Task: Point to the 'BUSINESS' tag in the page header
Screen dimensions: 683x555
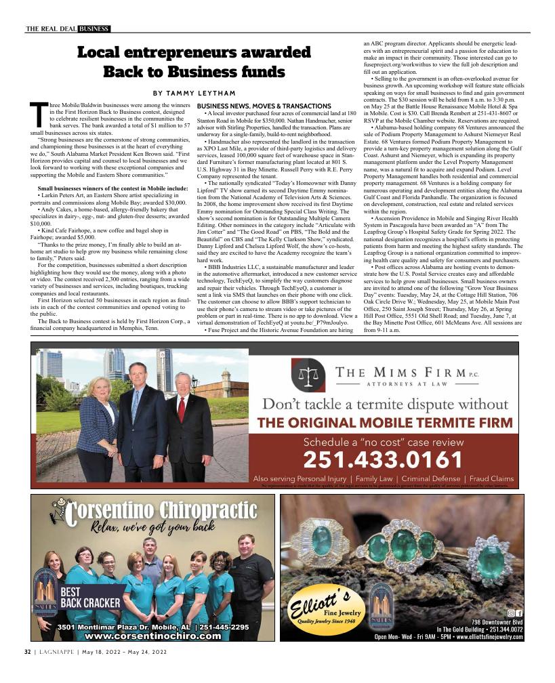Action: (x=94, y=29)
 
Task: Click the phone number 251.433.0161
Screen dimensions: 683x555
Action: (x=384, y=460)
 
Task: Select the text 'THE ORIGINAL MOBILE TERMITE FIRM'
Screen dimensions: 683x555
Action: (x=385, y=423)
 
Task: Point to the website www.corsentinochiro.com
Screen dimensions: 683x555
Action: (x=153, y=636)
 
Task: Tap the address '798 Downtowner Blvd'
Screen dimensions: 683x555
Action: (x=497, y=621)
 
